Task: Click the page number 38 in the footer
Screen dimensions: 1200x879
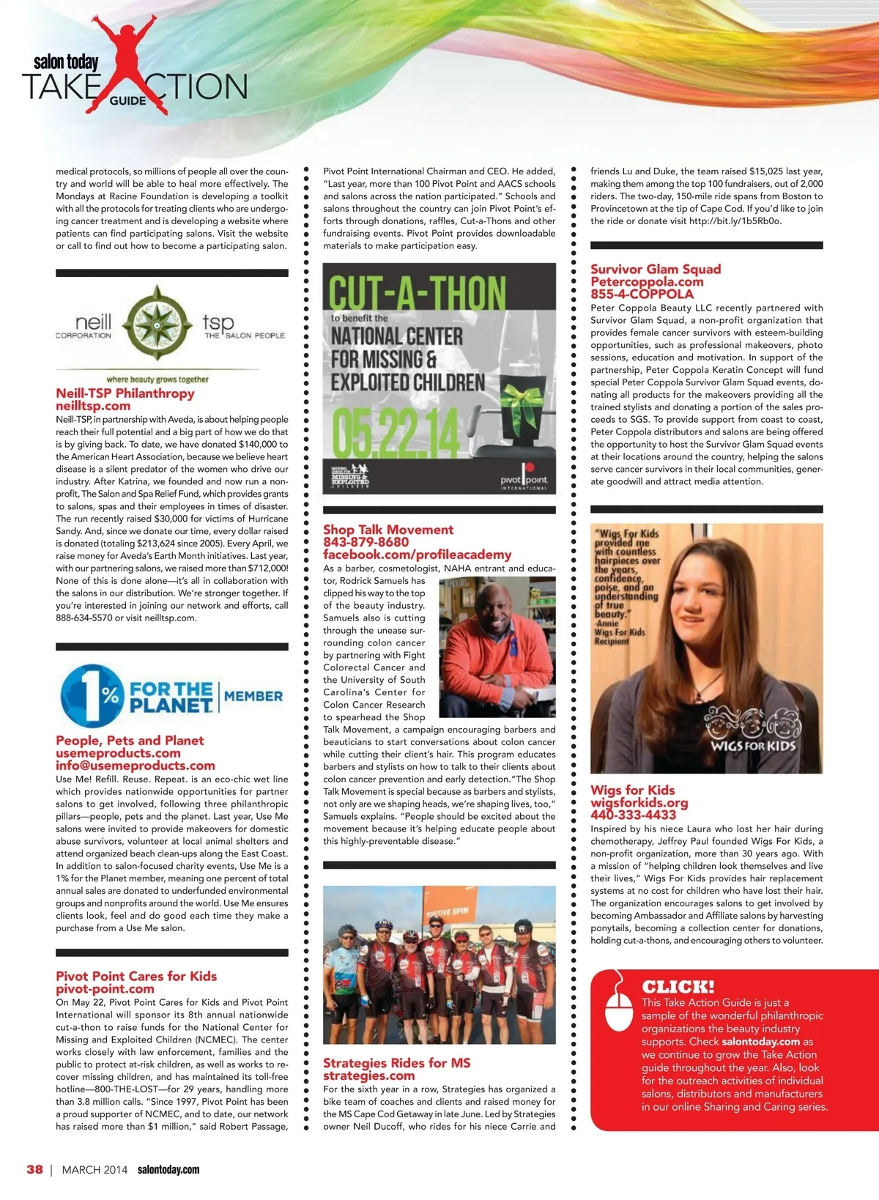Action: pyautogui.click(x=34, y=1169)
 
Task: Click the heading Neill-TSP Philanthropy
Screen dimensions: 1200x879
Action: pyautogui.click(x=125, y=393)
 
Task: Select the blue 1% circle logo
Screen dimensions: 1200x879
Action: pyautogui.click(x=91, y=695)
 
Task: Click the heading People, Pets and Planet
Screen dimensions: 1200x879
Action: pyautogui.click(x=130, y=741)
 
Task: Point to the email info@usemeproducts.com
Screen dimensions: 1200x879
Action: pyautogui.click(x=136, y=766)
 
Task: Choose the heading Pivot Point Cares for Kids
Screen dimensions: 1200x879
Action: pyautogui.click(x=136, y=976)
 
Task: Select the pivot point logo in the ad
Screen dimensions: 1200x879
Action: pyautogui.click(x=524, y=478)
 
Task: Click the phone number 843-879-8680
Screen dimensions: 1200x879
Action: pyautogui.click(x=366, y=542)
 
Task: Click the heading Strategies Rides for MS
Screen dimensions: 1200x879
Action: pyautogui.click(x=397, y=1063)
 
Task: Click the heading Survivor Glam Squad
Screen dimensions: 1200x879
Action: pyautogui.click(x=656, y=270)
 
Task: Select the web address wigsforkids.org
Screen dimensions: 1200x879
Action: pyautogui.click(x=639, y=802)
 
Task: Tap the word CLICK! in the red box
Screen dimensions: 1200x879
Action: pyautogui.click(x=678, y=986)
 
